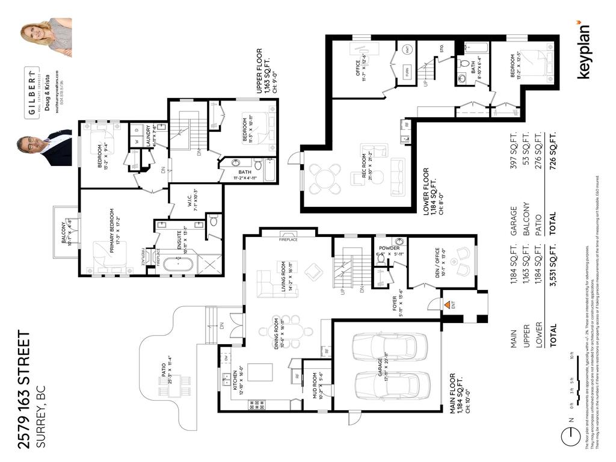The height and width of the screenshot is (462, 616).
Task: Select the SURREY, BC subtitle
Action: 42,422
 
